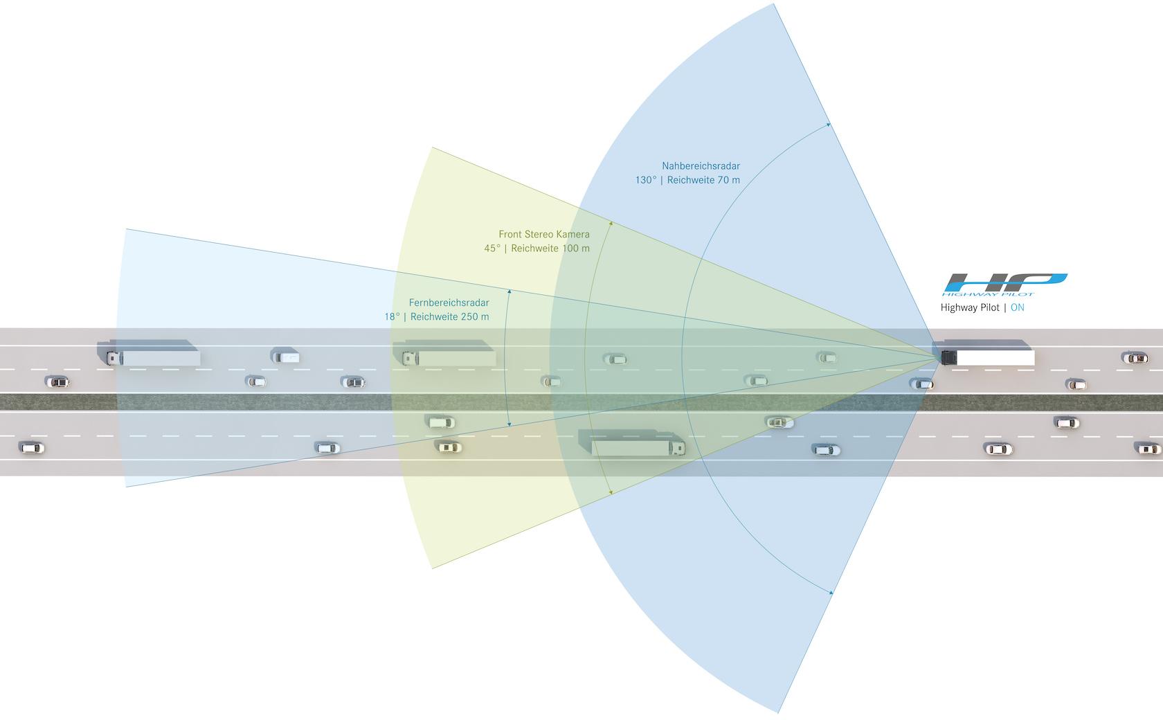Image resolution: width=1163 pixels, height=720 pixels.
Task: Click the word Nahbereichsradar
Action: click(x=701, y=166)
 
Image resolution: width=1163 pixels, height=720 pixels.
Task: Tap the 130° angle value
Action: click(x=645, y=180)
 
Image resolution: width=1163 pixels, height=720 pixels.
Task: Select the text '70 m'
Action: click(x=727, y=180)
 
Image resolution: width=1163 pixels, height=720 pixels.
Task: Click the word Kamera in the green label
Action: click(x=573, y=235)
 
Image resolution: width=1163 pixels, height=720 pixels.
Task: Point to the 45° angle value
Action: click(x=492, y=249)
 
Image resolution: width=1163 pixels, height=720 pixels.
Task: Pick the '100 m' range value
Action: click(x=576, y=249)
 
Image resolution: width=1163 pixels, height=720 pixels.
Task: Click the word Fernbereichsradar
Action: click(x=449, y=303)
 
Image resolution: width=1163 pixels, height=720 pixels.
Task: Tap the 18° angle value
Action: click(x=392, y=317)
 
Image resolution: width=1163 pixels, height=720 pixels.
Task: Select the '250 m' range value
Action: click(x=474, y=317)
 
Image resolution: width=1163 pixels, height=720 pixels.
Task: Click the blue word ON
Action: click(x=1017, y=307)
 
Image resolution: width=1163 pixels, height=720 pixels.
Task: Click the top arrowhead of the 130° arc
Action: click(x=829, y=125)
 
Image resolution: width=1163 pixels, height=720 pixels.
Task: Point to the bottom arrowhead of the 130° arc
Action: click(x=831, y=593)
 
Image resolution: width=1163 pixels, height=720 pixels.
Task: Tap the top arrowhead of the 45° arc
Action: click(x=611, y=223)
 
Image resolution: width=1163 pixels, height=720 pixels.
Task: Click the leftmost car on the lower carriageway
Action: click(x=32, y=448)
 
